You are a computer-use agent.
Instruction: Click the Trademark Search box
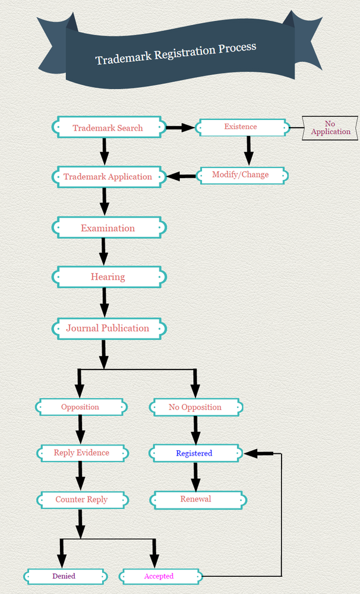(x=108, y=128)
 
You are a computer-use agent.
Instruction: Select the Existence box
(x=241, y=127)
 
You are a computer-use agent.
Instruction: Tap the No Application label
(x=330, y=128)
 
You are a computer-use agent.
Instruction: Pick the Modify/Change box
(x=241, y=175)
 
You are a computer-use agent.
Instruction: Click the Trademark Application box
(x=108, y=176)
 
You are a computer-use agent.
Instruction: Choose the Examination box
(x=108, y=228)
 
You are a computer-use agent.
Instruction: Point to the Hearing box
(x=108, y=277)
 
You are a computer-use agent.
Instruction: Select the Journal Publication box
(x=108, y=328)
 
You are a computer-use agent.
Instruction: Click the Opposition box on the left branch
(x=80, y=407)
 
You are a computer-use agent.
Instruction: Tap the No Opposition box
(x=195, y=407)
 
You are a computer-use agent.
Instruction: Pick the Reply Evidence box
(x=81, y=453)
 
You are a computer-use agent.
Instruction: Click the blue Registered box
(x=194, y=453)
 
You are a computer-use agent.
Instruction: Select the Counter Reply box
(x=81, y=500)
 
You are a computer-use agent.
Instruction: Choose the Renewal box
(x=196, y=500)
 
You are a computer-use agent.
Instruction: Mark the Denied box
(x=64, y=576)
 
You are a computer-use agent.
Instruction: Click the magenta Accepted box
(x=159, y=576)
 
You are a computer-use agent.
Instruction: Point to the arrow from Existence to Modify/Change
(x=249, y=150)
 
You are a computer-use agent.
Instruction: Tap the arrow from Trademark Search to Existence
(x=179, y=127)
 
